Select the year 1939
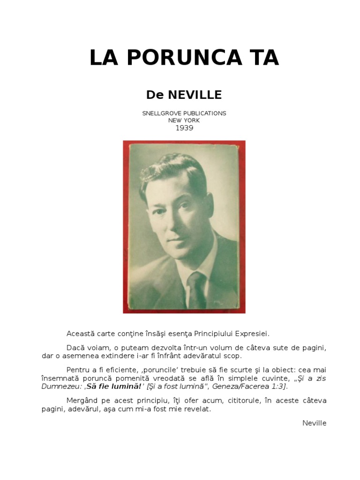pyautogui.click(x=184, y=128)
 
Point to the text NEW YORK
pyautogui.click(x=184, y=120)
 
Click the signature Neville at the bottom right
pyautogui.click(x=315, y=423)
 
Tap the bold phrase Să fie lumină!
pyautogui.click(x=114, y=386)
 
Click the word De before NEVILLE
pyautogui.click(x=155, y=95)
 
